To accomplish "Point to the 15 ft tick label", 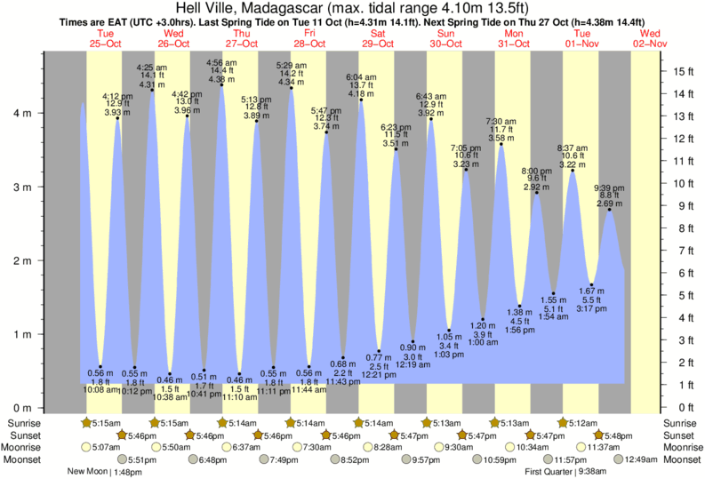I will point(682,71).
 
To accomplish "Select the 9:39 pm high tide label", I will point(609,189).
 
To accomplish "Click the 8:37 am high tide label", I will point(571,147).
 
